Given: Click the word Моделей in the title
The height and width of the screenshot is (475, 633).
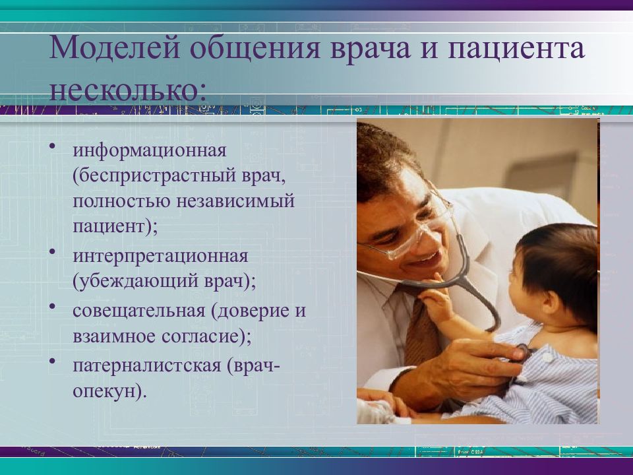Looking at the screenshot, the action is (114, 48).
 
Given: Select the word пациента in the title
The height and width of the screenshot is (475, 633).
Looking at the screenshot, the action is (516, 49).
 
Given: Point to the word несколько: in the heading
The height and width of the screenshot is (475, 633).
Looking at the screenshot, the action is (128, 90).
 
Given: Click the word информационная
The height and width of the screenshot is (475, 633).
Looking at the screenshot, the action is (150, 151).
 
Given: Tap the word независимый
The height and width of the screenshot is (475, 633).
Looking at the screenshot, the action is (236, 201).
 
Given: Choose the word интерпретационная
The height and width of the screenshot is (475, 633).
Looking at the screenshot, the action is (160, 256).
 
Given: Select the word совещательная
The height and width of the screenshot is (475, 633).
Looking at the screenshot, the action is (139, 311).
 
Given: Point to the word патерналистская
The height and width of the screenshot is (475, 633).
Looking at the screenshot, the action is (147, 366).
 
